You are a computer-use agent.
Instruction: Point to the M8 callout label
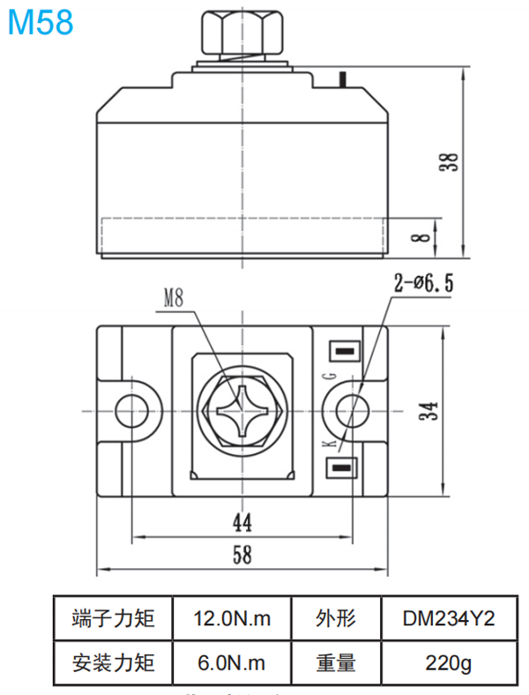point(174,299)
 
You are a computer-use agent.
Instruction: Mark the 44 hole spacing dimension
point(242,523)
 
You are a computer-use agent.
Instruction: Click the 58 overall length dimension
point(242,554)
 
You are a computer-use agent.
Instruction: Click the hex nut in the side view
point(242,33)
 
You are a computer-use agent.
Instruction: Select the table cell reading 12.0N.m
point(231,619)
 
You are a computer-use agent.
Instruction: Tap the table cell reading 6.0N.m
point(231,661)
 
